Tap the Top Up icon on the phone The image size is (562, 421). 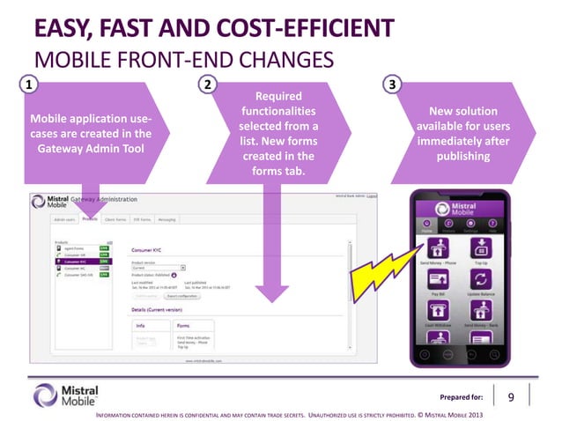(x=482, y=248)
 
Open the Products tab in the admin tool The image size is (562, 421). (x=89, y=219)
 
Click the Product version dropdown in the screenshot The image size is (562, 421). (x=159, y=267)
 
